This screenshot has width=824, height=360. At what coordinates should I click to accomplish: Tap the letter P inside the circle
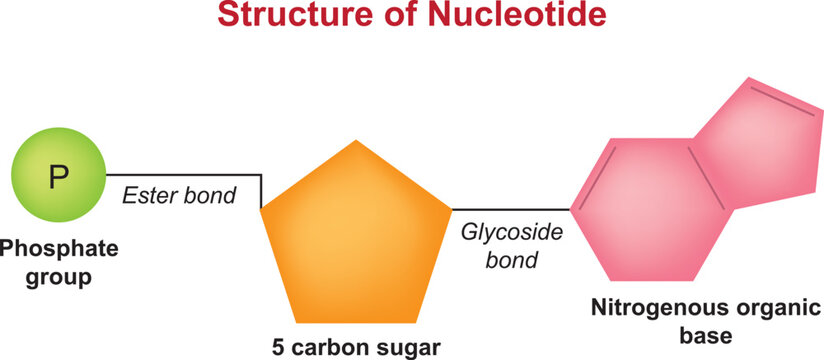point(59,179)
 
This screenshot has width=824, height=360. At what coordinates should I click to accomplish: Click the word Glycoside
point(512,232)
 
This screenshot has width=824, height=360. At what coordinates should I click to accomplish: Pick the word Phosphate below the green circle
point(58,247)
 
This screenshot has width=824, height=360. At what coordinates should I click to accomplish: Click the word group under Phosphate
point(58,275)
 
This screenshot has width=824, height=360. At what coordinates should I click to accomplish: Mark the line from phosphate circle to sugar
point(180,175)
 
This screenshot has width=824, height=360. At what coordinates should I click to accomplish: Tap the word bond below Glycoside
point(512,261)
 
